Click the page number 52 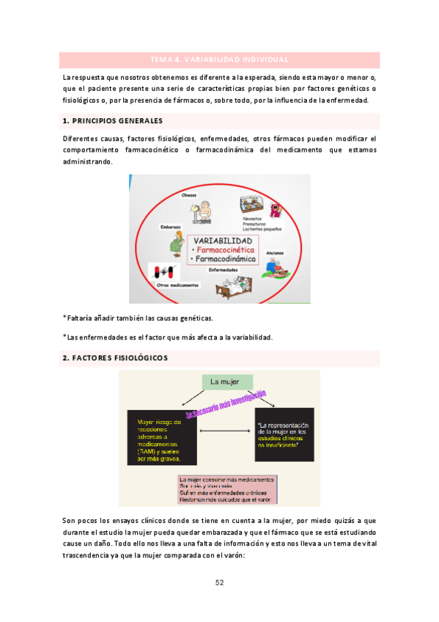coord(219,582)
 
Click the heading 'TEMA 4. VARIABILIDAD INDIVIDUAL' coord(219,59)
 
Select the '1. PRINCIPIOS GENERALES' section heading coord(113,120)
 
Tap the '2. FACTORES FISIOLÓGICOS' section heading coord(116,358)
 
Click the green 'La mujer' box coord(226,382)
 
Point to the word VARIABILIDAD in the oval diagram coord(224,241)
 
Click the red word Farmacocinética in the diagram coord(226,250)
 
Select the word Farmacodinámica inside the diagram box coord(226,259)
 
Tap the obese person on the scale coord(202,212)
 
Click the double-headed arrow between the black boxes coord(226,432)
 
